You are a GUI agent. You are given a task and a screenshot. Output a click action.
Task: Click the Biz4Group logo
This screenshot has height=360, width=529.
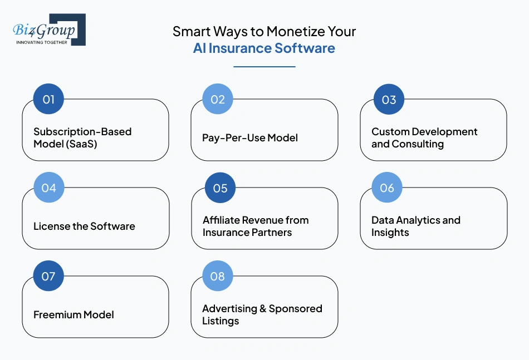[x=49, y=29]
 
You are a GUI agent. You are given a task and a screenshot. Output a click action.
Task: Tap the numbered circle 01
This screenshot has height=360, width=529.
[x=48, y=99]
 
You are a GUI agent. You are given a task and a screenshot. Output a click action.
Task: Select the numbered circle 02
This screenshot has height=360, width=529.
[x=218, y=99]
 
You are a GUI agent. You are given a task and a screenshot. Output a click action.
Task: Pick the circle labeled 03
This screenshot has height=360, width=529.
[x=389, y=100]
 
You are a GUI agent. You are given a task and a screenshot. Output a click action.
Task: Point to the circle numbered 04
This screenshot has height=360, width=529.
[x=49, y=188]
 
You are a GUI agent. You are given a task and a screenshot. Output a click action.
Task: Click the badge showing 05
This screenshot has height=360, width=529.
[x=221, y=188]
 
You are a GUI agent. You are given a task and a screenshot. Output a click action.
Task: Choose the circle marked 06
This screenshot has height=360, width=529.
[x=387, y=188]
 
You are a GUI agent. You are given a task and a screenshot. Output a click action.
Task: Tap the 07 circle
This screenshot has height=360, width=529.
[x=48, y=276]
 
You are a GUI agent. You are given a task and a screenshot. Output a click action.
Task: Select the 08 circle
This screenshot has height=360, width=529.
[x=218, y=276]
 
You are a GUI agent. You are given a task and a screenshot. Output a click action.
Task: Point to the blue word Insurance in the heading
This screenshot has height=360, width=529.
[x=240, y=48]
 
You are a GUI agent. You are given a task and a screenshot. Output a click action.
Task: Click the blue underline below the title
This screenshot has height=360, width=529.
[x=264, y=67]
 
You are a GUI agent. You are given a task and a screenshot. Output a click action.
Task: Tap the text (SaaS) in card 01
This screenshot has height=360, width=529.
[x=81, y=144]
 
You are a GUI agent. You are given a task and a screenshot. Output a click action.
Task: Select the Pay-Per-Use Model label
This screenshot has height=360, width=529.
[x=250, y=138]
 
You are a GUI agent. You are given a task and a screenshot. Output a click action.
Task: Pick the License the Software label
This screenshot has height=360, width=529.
[x=84, y=226]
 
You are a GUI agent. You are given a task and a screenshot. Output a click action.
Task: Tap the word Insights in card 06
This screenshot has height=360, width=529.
[x=390, y=233]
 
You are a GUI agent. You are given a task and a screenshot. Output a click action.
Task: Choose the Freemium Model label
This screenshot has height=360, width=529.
[x=74, y=315]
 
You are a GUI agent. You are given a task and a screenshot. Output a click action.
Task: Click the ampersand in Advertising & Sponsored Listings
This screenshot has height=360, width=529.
[x=263, y=309]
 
